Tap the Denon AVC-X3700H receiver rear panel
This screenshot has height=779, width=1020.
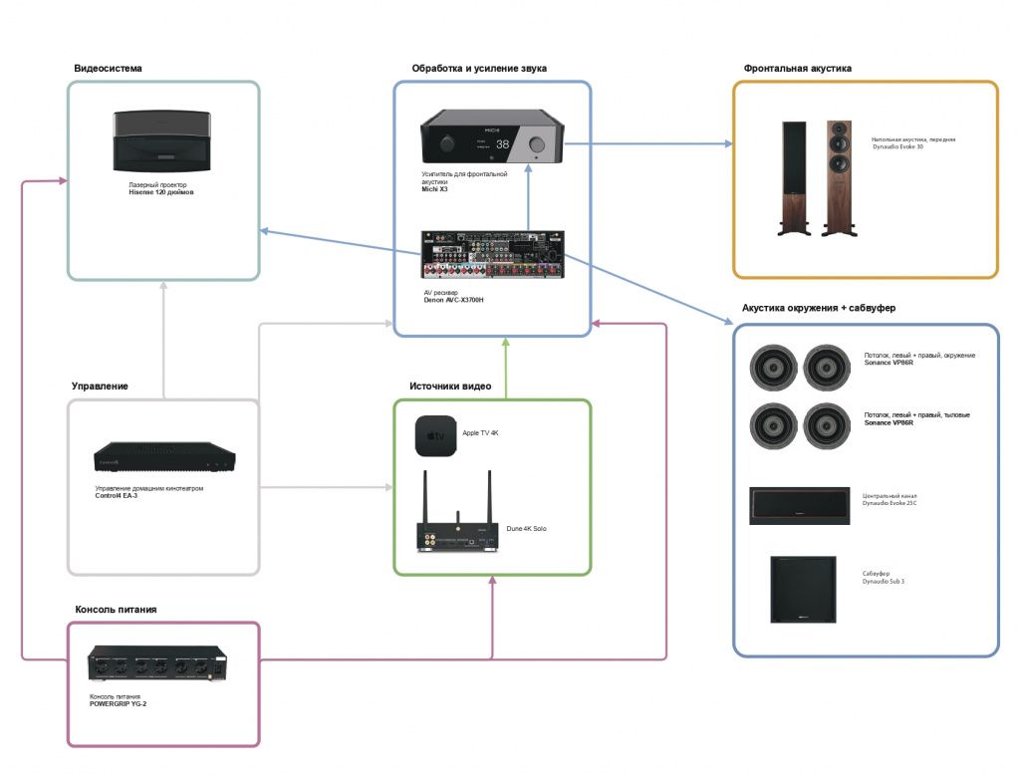(492, 256)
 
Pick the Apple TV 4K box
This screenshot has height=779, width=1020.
(434, 436)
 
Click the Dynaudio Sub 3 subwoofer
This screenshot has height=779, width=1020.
(802, 589)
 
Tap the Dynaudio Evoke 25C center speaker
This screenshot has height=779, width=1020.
(799, 506)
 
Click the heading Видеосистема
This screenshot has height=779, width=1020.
(108, 69)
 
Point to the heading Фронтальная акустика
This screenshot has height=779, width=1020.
(797, 69)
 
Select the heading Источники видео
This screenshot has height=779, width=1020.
(449, 387)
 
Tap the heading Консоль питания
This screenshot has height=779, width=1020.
(116, 609)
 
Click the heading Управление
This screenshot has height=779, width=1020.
(100, 386)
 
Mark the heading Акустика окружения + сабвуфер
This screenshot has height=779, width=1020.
(819, 308)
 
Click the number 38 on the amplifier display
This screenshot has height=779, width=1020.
(502, 145)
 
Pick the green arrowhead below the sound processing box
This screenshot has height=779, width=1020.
(506, 342)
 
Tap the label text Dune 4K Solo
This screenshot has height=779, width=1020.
(526, 528)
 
